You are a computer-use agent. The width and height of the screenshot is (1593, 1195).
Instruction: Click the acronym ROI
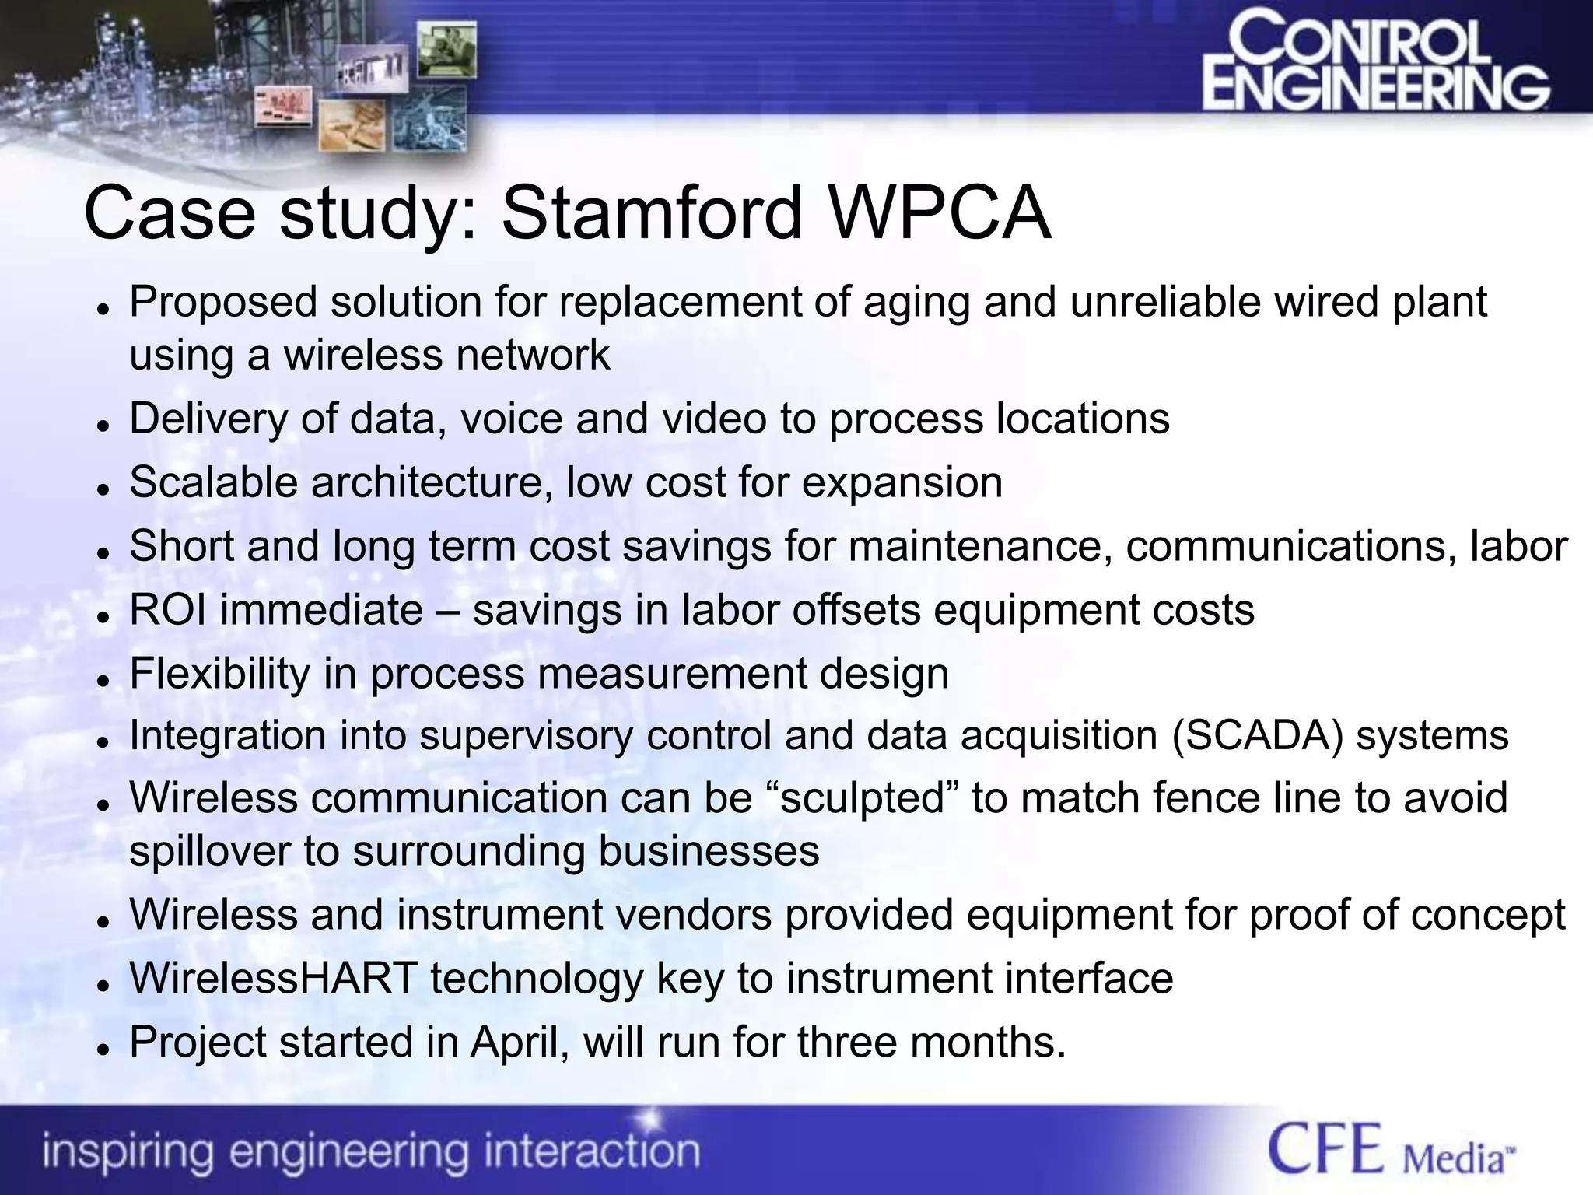[167, 609]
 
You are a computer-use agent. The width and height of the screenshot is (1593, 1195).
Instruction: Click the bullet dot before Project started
[101, 1049]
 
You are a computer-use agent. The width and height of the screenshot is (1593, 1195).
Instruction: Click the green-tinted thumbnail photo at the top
[447, 50]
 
